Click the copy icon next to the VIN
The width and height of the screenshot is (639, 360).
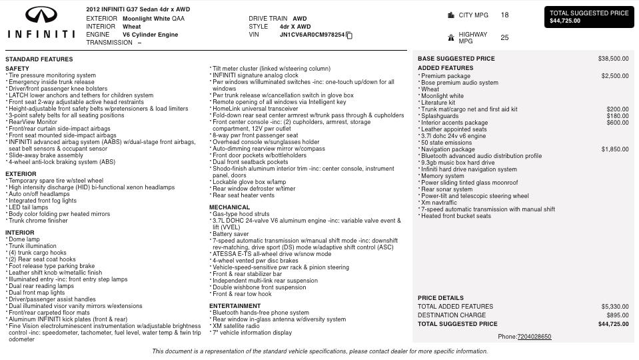349,35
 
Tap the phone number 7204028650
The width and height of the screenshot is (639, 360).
534,337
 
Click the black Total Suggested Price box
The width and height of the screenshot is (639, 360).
589,17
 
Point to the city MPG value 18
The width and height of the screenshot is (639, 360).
504,15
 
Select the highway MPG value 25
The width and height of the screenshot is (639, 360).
504,37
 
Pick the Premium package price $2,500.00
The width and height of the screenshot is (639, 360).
614,76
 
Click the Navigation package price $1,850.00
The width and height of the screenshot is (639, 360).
614,149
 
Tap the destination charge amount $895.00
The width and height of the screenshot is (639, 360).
617,315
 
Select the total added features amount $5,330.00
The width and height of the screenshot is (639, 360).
614,307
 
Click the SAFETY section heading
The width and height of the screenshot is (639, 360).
17,69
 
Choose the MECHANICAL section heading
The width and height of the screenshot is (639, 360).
229,207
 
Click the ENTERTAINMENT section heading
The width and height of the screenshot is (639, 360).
235,306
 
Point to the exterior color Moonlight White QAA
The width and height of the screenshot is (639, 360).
153,19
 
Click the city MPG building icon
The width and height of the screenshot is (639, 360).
451,15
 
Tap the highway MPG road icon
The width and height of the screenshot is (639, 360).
451,38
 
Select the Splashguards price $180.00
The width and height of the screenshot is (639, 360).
617,116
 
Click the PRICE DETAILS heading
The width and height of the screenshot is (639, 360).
440,298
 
